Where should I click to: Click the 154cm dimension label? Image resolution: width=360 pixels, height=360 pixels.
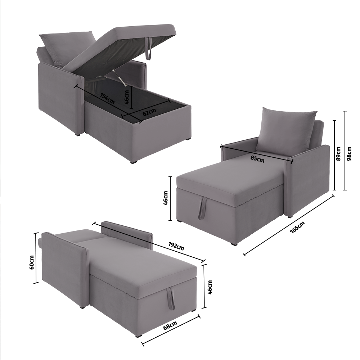pos(107,99)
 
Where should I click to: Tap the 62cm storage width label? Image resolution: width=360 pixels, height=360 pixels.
pos(149,112)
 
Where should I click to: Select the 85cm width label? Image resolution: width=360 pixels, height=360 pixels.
pos(257,159)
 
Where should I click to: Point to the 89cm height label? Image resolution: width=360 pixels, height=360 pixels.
pos(338,154)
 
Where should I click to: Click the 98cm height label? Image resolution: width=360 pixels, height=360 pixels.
pos(349,154)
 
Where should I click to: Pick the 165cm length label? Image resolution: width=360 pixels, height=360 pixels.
pos(297,227)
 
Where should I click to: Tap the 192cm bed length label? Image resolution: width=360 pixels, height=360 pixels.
pos(176,246)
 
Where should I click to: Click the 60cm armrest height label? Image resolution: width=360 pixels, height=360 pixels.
pos(32,262)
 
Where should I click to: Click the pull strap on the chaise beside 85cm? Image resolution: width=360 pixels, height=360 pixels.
pos(202,208)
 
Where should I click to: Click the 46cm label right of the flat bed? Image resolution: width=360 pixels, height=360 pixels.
pos(210,287)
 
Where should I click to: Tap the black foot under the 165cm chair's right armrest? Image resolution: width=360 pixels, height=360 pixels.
pos(291,216)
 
